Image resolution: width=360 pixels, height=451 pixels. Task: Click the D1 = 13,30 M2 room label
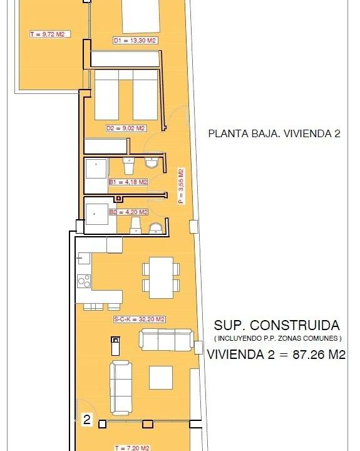tap(135, 41)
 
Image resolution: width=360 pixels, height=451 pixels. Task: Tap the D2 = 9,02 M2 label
tap(126, 128)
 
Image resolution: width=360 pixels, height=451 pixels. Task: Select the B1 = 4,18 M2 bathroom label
tap(128, 182)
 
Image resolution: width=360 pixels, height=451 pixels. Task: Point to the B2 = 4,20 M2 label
tap(128, 212)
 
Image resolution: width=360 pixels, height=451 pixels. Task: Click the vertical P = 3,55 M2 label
tap(181, 186)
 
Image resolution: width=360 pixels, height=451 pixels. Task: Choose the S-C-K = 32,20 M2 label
tap(140, 319)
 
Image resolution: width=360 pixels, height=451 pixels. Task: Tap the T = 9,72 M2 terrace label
tap(48, 34)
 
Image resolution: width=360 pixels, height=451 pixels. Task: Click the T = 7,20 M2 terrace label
tap(132, 448)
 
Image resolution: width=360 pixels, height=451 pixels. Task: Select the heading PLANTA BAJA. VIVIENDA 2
tap(274, 133)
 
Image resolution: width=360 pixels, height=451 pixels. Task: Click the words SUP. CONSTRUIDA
tap(277, 325)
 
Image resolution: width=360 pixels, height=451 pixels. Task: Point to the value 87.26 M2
tap(319, 355)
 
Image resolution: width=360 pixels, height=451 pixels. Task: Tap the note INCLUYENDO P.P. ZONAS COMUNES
tap(278, 338)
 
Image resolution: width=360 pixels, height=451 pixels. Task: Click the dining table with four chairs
tap(161, 277)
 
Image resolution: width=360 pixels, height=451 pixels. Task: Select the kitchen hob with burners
tap(84, 281)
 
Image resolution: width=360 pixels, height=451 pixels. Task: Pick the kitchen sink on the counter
tap(84, 259)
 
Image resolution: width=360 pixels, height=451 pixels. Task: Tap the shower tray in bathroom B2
tap(97, 214)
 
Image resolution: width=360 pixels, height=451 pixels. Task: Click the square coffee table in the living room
tap(161, 378)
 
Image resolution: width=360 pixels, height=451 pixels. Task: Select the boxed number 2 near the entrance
tap(86, 420)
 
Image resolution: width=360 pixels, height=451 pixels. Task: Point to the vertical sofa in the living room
tap(121, 388)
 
